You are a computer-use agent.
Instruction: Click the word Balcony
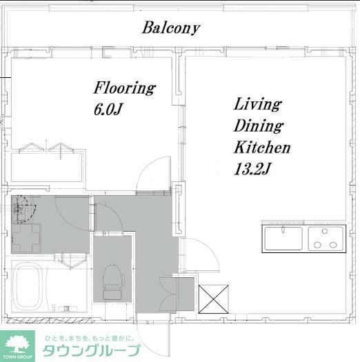point(171,28)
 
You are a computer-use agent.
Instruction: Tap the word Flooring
point(125,88)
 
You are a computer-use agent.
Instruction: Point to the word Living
point(257,105)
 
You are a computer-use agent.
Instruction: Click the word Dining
point(258,126)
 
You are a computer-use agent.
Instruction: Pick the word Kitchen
point(262,148)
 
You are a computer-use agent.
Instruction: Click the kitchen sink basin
point(283,239)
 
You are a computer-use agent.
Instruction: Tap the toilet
point(112,282)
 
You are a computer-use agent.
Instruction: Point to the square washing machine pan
point(26,239)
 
